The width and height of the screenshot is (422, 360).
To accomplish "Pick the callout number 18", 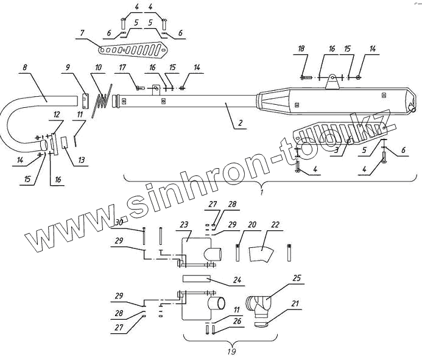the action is click(x=301, y=49).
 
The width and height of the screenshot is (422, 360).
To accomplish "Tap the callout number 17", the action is click(x=122, y=67).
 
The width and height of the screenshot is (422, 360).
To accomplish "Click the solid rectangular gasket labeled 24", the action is click(x=197, y=279).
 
